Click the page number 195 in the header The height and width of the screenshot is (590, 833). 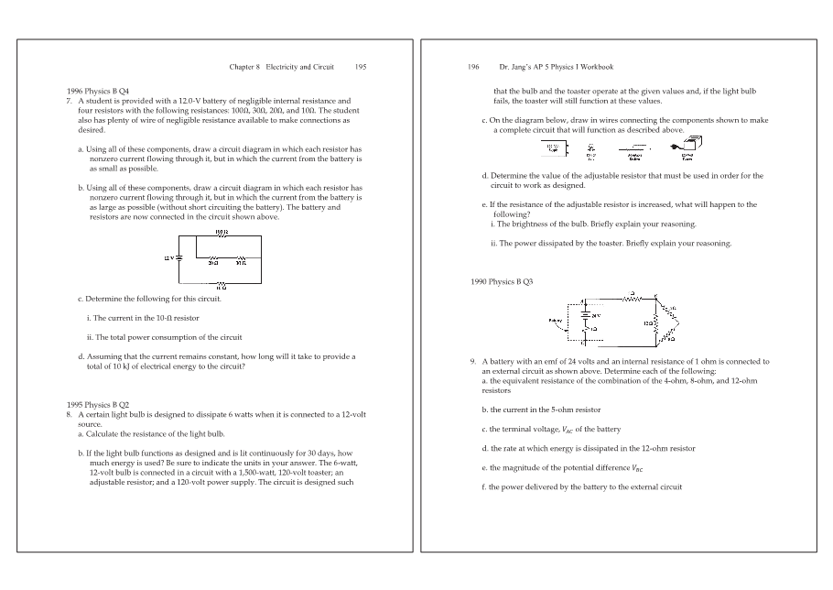pyautogui.click(x=361, y=67)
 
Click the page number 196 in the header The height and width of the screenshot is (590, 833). pyautogui.click(x=473, y=67)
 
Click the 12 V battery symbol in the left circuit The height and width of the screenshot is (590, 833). pyautogui.click(x=178, y=258)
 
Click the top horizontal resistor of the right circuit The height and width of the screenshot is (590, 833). pyautogui.click(x=631, y=298)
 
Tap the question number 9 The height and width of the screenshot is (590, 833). pyautogui.click(x=472, y=361)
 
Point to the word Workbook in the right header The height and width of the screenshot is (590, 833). pyautogui.click(x=596, y=67)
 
